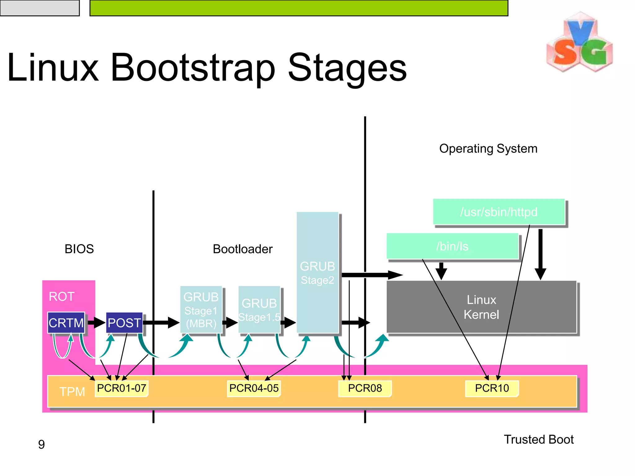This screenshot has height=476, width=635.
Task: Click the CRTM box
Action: click(x=66, y=323)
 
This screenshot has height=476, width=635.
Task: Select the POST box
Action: click(x=124, y=323)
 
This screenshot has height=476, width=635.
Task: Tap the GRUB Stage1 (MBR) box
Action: click(x=201, y=310)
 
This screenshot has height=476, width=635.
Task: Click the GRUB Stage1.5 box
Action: click(x=259, y=310)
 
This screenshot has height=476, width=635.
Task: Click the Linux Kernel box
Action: click(x=481, y=307)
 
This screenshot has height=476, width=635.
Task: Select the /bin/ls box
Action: click(x=452, y=246)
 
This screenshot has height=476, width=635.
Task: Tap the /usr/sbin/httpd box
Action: click(x=499, y=212)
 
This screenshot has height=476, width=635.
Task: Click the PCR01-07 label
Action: click(x=121, y=388)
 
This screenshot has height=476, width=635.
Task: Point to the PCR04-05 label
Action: click(x=254, y=388)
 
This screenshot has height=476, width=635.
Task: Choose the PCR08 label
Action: click(x=365, y=388)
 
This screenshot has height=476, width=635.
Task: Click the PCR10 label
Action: click(x=492, y=388)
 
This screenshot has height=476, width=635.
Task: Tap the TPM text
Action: click(x=72, y=392)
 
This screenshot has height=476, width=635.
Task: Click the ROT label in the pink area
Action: click(x=61, y=297)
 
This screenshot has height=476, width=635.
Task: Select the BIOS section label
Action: click(x=79, y=249)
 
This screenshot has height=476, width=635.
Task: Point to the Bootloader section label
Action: click(x=242, y=249)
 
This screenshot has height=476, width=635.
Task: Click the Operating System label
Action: click(x=488, y=148)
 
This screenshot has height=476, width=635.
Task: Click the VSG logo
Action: click(x=579, y=43)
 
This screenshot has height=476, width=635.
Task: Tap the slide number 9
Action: click(x=41, y=444)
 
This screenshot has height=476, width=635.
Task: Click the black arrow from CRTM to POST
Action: click(x=96, y=323)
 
